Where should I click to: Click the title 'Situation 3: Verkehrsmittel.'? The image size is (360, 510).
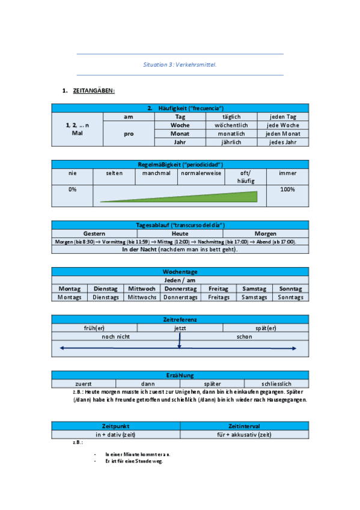[180, 64]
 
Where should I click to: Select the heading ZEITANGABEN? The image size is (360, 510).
[93, 91]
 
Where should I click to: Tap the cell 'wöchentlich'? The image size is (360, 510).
[231, 125]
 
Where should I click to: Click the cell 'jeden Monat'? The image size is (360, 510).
[283, 134]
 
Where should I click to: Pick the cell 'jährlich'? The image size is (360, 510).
[231, 143]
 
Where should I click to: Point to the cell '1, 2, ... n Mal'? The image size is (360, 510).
[77, 129]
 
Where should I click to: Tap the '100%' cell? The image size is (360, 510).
[287, 189]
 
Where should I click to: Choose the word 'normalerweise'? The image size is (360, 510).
[201, 173]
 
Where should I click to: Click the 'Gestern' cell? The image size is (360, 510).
[94, 233]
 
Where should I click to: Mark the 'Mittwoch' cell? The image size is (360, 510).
[142, 289]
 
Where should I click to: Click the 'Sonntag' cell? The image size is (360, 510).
[291, 289]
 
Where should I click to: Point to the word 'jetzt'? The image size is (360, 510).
[180, 328]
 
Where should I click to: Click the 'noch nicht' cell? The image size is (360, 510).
[115, 337]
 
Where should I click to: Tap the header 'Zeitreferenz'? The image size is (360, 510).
[180, 319]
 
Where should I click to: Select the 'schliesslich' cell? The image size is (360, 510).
[277, 383]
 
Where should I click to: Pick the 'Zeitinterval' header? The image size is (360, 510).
[245, 425]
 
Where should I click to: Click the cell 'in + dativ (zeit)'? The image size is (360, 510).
[115, 434]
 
